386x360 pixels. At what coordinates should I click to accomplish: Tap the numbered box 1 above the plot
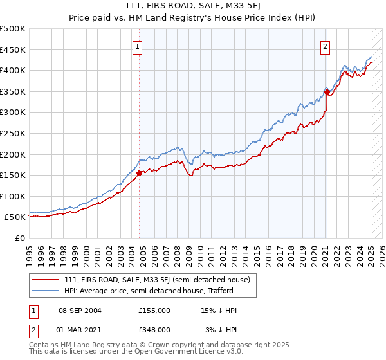point(138,46)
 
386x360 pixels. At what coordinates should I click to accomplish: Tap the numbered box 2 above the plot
point(326,46)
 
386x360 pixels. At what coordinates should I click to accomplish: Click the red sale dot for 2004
point(140,172)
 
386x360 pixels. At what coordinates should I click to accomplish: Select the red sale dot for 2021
point(327,92)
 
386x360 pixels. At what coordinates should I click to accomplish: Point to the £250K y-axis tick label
point(13,133)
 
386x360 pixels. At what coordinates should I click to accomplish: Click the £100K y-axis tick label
point(13,196)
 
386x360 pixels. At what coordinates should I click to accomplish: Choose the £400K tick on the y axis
point(13,70)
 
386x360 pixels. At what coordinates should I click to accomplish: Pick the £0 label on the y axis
point(20,238)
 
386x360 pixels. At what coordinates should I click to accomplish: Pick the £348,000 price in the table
point(154,329)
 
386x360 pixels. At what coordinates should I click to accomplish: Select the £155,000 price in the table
point(154,310)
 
